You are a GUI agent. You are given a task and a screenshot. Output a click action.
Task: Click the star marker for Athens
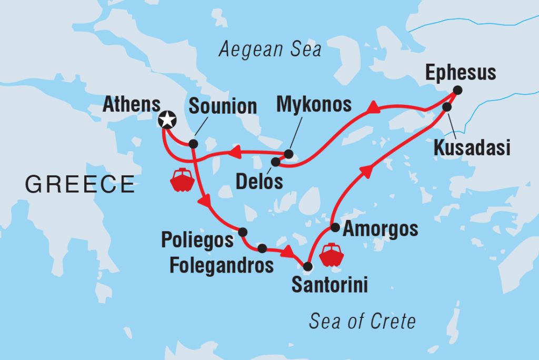(x=167, y=121)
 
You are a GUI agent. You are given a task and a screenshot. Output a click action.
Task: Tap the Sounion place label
(x=223, y=106)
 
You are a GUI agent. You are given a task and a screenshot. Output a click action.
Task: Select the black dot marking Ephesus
(x=457, y=91)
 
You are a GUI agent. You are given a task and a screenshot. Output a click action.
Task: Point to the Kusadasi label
(x=472, y=148)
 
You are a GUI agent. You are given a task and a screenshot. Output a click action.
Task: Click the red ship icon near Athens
(x=182, y=179)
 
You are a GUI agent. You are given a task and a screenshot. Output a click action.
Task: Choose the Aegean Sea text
(x=270, y=50)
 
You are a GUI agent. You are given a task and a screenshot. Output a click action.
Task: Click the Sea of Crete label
(x=363, y=321)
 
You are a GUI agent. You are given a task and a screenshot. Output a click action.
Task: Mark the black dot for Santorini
(x=308, y=266)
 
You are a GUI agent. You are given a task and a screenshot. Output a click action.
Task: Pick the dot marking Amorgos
(x=335, y=227)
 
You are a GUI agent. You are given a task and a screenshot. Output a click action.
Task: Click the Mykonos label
(x=314, y=105)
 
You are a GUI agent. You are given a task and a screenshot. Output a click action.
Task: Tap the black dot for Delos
(x=275, y=162)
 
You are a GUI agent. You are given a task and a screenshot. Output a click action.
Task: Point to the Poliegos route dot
(x=243, y=232)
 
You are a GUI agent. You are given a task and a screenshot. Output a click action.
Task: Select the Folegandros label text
(x=222, y=265)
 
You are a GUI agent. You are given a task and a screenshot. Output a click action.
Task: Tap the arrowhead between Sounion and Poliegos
(x=204, y=202)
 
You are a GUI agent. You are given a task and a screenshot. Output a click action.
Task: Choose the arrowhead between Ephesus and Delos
(x=374, y=109)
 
